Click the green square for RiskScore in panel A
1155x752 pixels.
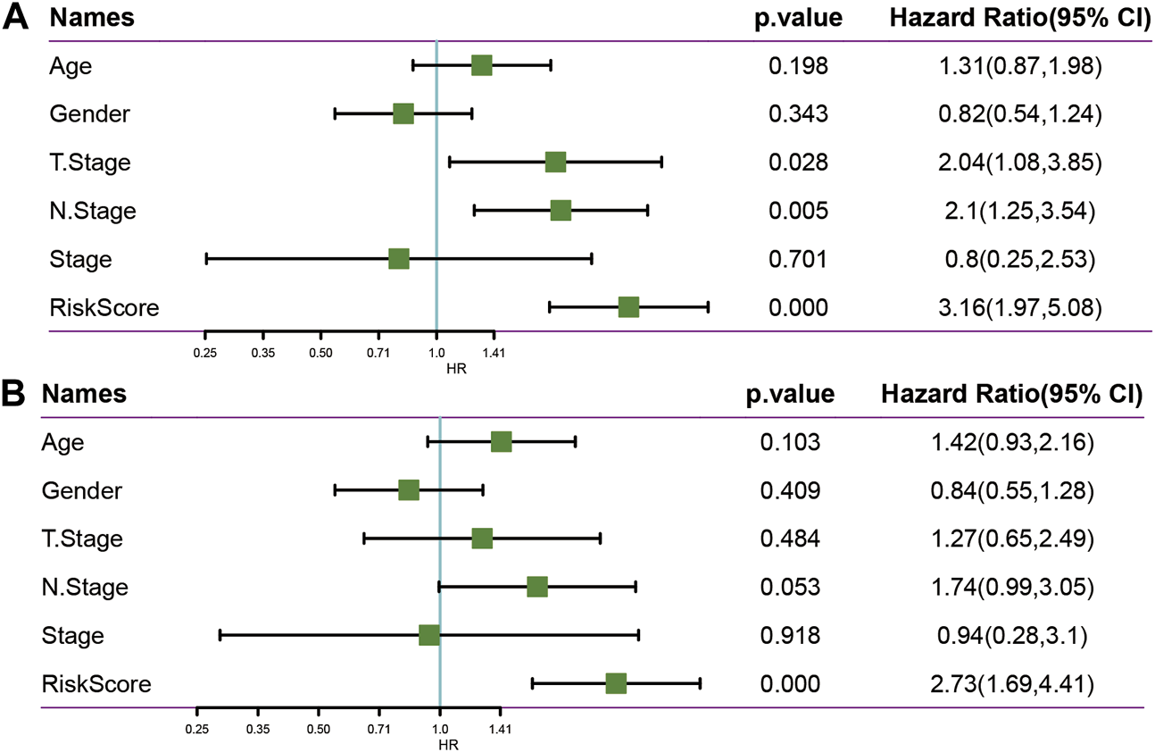click(x=628, y=307)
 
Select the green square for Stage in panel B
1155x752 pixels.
click(x=429, y=635)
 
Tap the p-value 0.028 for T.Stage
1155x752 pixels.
click(x=799, y=163)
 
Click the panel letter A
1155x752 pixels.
click(x=17, y=19)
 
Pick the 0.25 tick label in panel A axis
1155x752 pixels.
click(x=205, y=353)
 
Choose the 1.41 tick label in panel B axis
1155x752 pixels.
click(x=500, y=729)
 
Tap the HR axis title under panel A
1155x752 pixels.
click(x=454, y=367)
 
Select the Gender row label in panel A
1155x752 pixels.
click(x=89, y=114)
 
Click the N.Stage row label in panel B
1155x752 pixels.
click(x=85, y=587)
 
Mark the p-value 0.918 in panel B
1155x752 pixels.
click(x=790, y=635)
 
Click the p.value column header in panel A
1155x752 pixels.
click(x=799, y=19)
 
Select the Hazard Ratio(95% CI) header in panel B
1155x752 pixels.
click(x=1012, y=394)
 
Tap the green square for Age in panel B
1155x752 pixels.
click(x=501, y=441)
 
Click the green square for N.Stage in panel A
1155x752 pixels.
click(x=561, y=211)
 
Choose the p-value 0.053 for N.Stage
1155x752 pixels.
click(x=790, y=587)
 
